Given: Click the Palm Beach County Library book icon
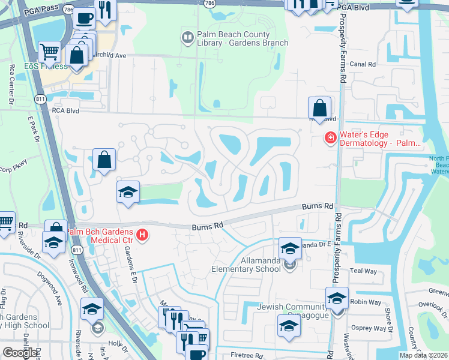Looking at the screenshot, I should click(187, 38).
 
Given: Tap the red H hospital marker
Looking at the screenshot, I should click(142, 235).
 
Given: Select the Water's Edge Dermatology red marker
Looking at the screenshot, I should click(330, 139).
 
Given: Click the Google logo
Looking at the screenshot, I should click(20, 353).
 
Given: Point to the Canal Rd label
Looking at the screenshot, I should click(363, 64).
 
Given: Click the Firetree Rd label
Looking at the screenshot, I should click(246, 355).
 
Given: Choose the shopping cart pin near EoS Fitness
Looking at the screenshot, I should click(49, 52).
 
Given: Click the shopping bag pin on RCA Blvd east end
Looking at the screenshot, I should click(320, 108).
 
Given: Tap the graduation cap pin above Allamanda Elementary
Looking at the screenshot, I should click(290, 248).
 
